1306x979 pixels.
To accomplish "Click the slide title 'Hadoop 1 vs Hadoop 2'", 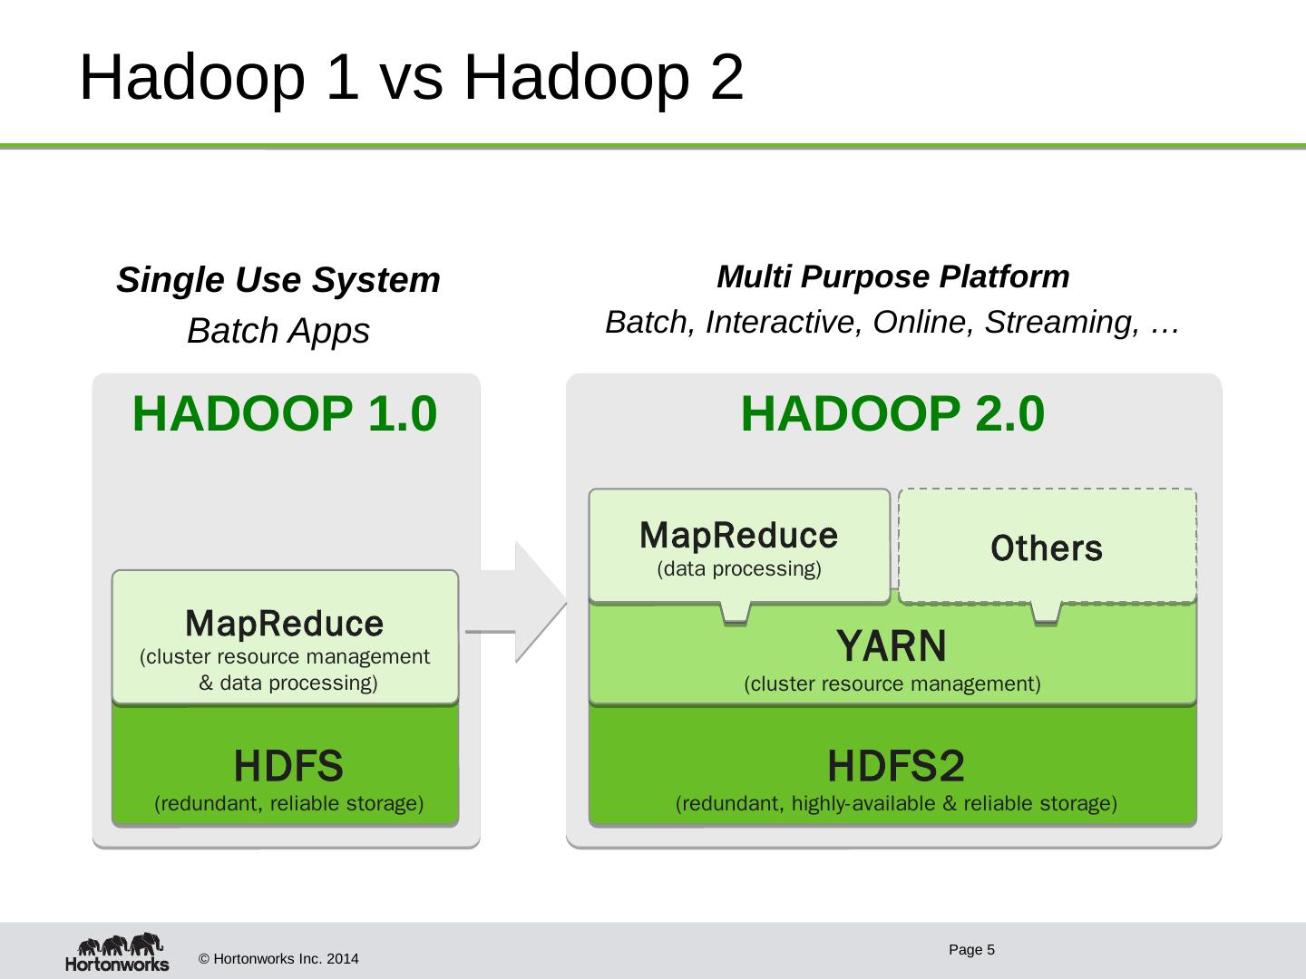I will pos(411,78).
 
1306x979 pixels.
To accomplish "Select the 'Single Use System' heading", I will pos(278,280).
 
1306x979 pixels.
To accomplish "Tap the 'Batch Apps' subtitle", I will pos(278,331).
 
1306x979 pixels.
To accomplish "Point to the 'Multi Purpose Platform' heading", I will pos(892,276).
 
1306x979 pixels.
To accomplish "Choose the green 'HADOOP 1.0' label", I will pos(285,414).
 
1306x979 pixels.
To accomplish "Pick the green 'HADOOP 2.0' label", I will pos(892,414).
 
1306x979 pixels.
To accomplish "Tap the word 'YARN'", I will pos(892,647).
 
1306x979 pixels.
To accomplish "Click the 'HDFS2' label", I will pos(895,768).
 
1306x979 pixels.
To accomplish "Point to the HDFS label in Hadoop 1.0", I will pos(288,767).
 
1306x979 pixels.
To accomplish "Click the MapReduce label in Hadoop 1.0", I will pos(285,624).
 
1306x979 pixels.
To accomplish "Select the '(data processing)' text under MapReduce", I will pos(738,569).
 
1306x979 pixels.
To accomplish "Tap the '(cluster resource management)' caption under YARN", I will pos(892,684).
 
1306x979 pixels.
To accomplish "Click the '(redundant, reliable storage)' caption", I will pos(289,803).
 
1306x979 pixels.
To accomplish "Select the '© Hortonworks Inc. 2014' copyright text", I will pos(278,958).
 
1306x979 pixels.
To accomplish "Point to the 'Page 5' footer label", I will pos(972,950).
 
